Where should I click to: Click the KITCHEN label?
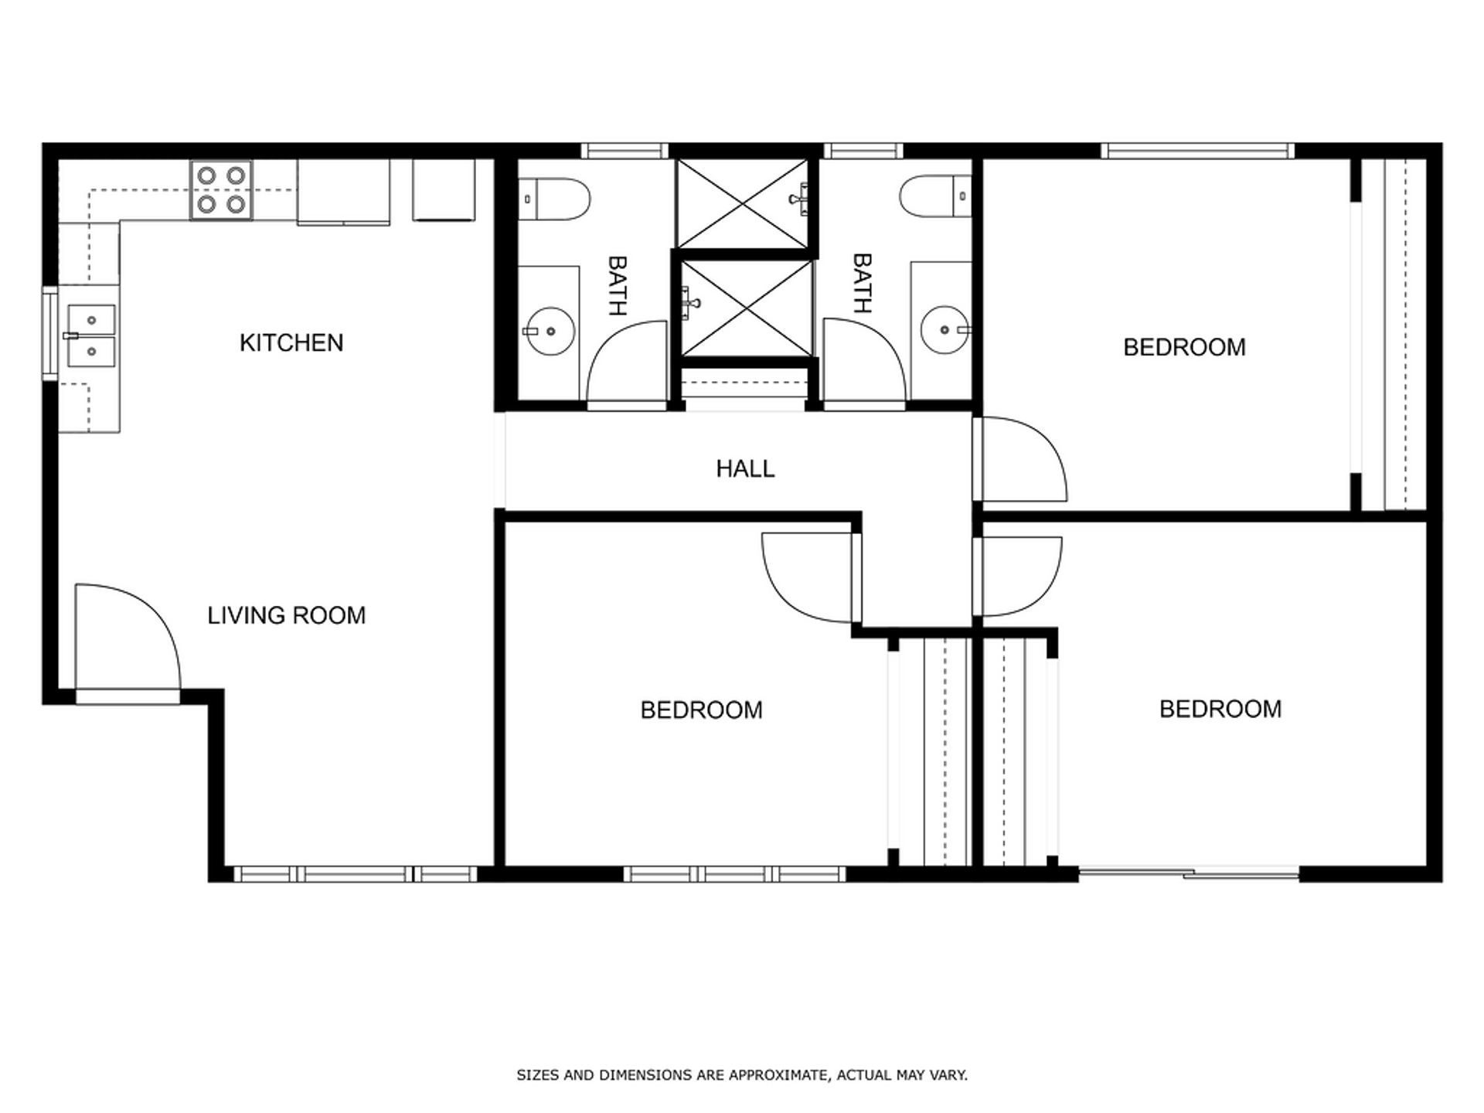tap(291, 342)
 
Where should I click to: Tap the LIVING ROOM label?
tap(286, 615)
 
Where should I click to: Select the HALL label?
tap(745, 468)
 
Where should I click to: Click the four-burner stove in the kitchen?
tap(221, 190)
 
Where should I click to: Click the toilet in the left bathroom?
tap(555, 199)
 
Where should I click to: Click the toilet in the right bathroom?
tap(934, 196)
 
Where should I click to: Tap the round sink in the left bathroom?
tap(550, 331)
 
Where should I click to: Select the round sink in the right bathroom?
tap(945, 330)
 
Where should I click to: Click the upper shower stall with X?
tap(743, 204)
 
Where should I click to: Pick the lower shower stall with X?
tap(746, 308)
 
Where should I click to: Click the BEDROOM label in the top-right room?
tap(1184, 347)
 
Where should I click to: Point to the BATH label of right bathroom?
tap(862, 284)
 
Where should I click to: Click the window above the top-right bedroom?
tap(1197, 151)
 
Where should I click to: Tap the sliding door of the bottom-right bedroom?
tap(1189, 873)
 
